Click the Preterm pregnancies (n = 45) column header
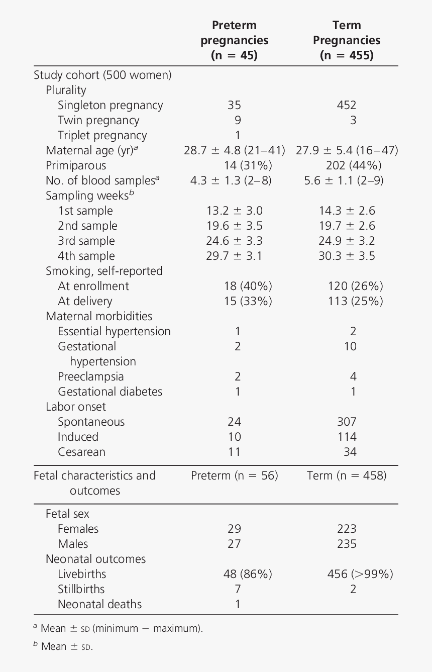(234, 40)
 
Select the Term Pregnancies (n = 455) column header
(347, 40)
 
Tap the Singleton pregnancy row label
(111, 106)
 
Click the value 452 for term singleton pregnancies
(347, 106)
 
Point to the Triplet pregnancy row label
(102, 135)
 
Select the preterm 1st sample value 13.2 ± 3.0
(235, 211)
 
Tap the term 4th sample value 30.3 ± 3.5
(347, 256)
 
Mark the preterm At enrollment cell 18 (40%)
(248, 286)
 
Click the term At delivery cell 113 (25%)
(356, 301)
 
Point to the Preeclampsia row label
(91, 376)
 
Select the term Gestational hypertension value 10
(350, 346)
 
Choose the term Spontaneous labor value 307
(347, 422)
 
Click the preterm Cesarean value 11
(234, 452)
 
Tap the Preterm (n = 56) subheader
(235, 475)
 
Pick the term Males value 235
(347, 544)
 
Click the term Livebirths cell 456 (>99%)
(360, 574)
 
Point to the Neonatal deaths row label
(100, 604)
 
